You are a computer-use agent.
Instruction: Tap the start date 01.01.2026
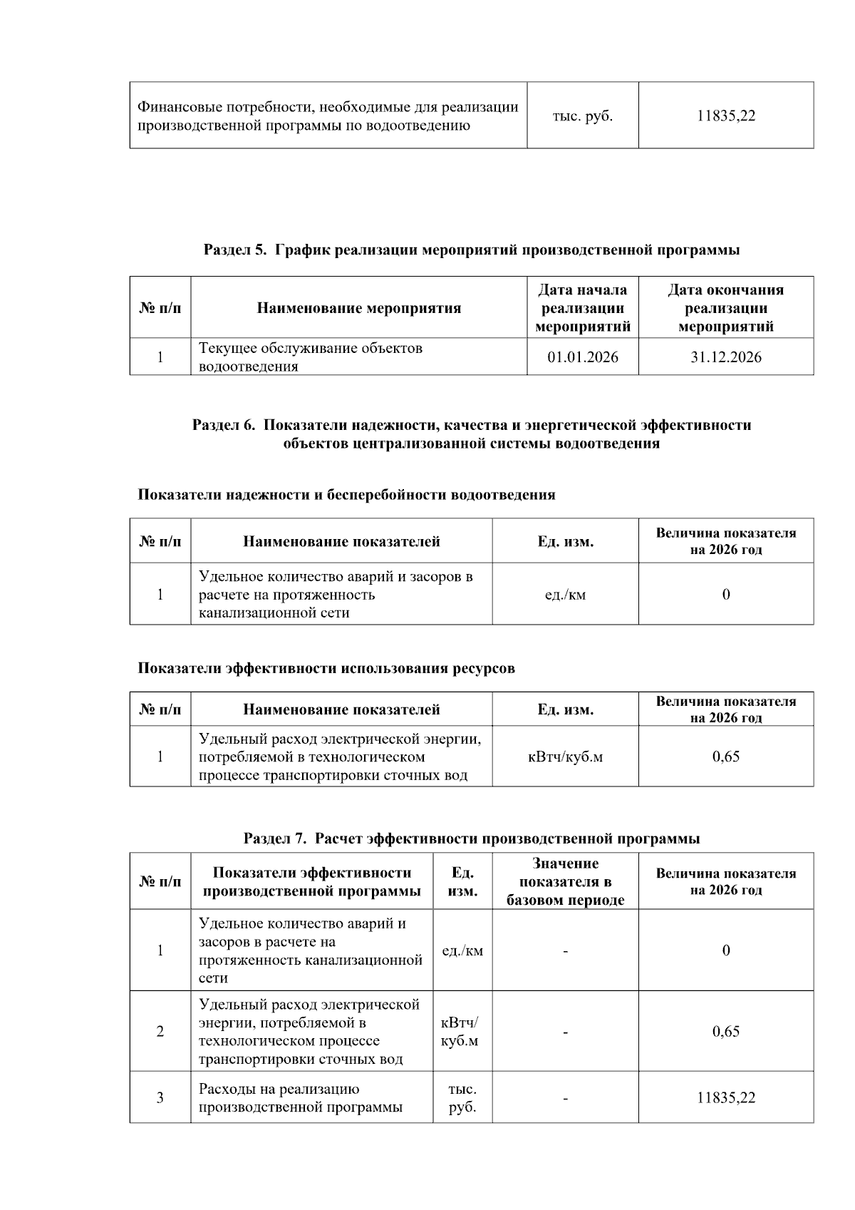point(582,357)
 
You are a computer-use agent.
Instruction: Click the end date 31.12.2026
point(725,357)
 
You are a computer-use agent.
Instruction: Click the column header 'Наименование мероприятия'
point(358,308)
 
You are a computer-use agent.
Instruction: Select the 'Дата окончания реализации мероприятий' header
point(725,308)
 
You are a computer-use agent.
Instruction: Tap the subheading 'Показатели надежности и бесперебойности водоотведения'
point(346,495)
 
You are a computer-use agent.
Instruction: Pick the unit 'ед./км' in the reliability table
point(564,595)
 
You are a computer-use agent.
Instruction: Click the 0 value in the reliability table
point(725,595)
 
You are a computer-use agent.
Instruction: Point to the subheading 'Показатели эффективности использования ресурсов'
point(326,669)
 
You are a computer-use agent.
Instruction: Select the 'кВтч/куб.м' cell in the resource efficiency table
point(564,757)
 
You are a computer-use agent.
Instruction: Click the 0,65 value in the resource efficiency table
point(725,757)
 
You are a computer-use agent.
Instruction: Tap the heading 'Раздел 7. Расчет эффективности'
point(471,839)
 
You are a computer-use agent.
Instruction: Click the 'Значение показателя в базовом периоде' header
point(564,882)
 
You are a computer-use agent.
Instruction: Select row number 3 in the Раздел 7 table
point(160,1098)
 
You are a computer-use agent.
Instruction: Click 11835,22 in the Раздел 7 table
point(725,1098)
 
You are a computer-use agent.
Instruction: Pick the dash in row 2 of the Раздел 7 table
point(564,1032)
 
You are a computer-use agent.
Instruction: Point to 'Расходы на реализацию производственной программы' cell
point(300,1098)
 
